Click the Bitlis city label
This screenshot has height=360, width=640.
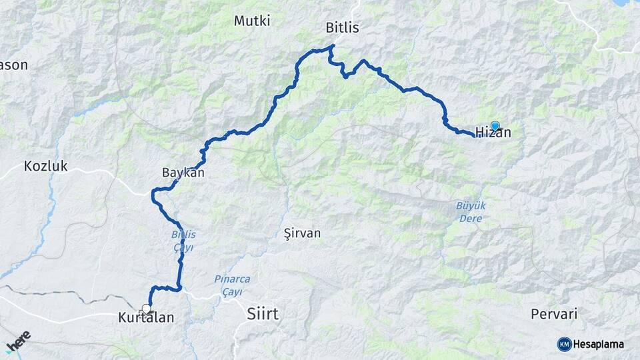pos(342,28)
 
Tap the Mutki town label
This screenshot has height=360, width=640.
pos(252,21)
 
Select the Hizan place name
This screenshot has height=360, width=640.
pos(494,133)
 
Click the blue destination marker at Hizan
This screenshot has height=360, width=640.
pos(495,125)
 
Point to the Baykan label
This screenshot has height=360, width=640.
pos(183,173)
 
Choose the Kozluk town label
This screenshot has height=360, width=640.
pos(46,167)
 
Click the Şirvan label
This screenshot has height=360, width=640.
pos(302,233)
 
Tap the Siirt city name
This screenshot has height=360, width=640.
pos(263,313)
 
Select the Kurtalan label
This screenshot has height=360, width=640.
pos(145,318)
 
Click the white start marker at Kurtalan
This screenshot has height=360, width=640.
pos(146,309)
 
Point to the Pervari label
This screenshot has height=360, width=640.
pos(553,313)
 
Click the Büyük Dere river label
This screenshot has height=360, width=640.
pos(471,212)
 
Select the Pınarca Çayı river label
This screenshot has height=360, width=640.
pos(227,285)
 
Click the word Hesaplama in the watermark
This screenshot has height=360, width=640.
pos(599,345)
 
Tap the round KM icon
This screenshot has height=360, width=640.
pos(564,344)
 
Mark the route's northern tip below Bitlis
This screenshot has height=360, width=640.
pos(332,46)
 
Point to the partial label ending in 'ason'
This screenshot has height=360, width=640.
pos(14,65)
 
